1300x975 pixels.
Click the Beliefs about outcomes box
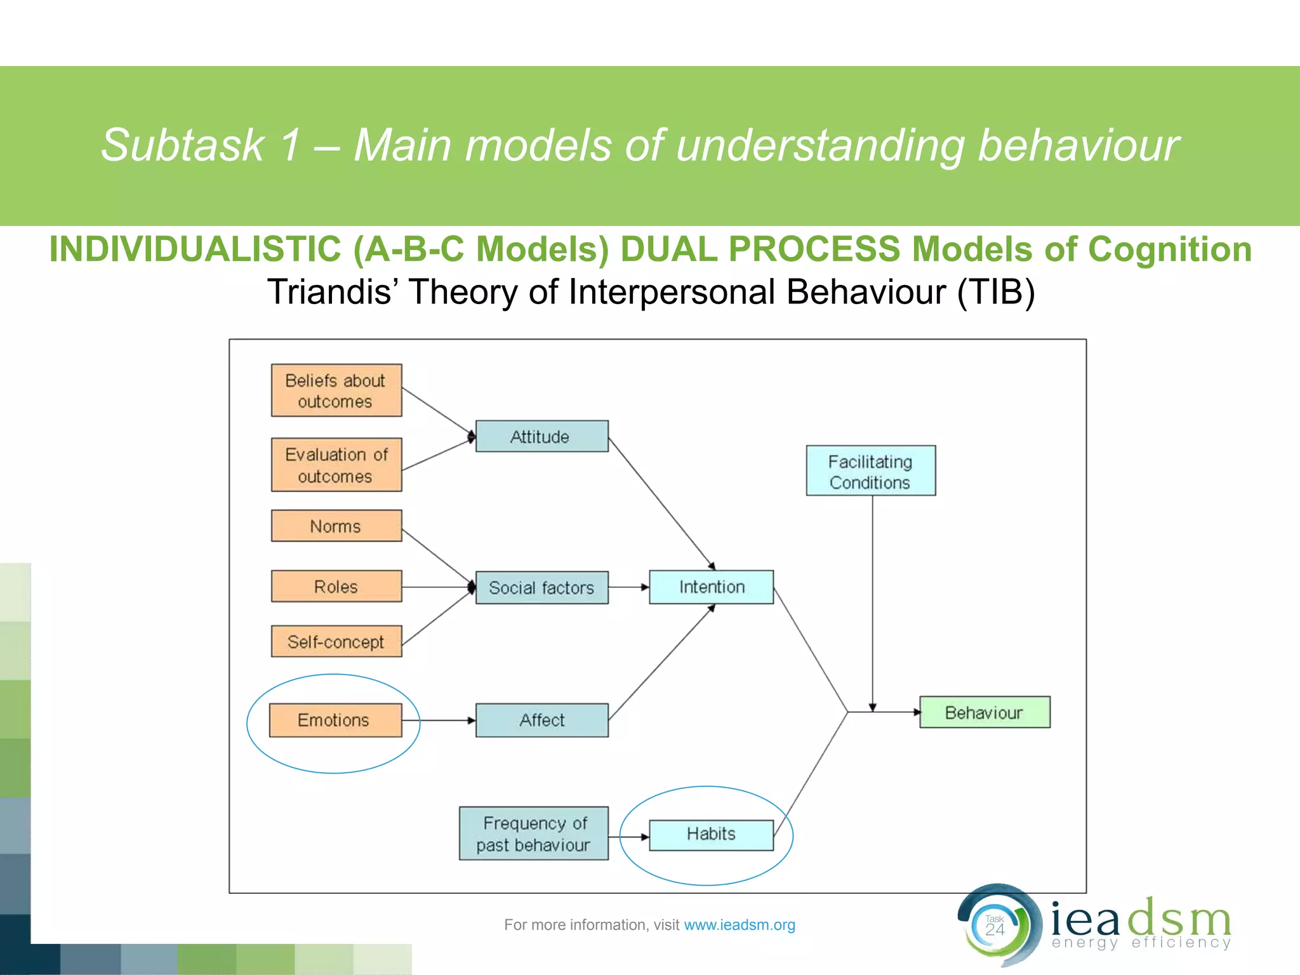tap(336, 390)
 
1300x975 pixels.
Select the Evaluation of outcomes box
tap(336, 465)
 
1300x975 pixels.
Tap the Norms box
tap(336, 526)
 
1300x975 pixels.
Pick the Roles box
tap(336, 586)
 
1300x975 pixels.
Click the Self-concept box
tap(336, 641)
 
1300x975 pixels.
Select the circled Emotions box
tap(335, 720)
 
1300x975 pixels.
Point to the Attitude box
tap(541, 436)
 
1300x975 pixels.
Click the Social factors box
tap(541, 587)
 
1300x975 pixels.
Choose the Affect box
tap(541, 720)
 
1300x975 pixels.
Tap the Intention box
tap(711, 587)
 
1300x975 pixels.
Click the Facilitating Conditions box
tap(870, 470)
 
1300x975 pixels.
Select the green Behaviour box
tap(985, 712)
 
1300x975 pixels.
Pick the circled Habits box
tap(711, 834)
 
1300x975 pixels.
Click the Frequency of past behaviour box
tap(533, 833)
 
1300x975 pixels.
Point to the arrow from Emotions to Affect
tap(439, 720)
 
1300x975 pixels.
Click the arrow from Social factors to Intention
tap(628, 587)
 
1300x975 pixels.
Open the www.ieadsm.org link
tap(740, 925)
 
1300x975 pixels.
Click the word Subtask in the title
tap(183, 145)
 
